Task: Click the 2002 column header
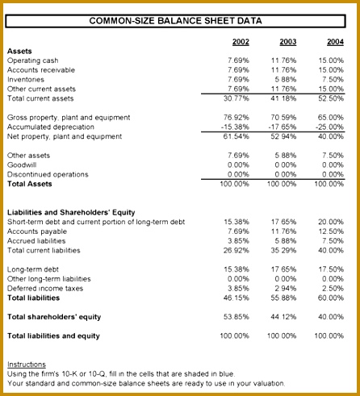(x=241, y=42)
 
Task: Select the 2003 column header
(x=288, y=42)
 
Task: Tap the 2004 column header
(x=335, y=42)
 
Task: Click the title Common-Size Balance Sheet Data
(x=175, y=21)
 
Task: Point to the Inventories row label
(x=26, y=80)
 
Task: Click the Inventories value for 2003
(x=286, y=80)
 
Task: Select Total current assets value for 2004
(x=331, y=98)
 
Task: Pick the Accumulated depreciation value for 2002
(x=235, y=127)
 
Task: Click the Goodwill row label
(x=22, y=165)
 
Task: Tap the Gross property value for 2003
(x=283, y=118)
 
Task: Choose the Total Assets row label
(x=30, y=184)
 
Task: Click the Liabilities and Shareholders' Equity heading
(x=71, y=212)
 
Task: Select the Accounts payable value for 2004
(x=331, y=231)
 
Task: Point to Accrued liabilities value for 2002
(x=238, y=241)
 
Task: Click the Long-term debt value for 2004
(x=331, y=269)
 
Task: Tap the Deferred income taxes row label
(x=45, y=289)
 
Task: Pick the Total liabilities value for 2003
(x=283, y=298)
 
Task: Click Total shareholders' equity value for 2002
(x=237, y=317)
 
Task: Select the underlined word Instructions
(x=27, y=365)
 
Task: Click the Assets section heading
(x=19, y=51)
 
